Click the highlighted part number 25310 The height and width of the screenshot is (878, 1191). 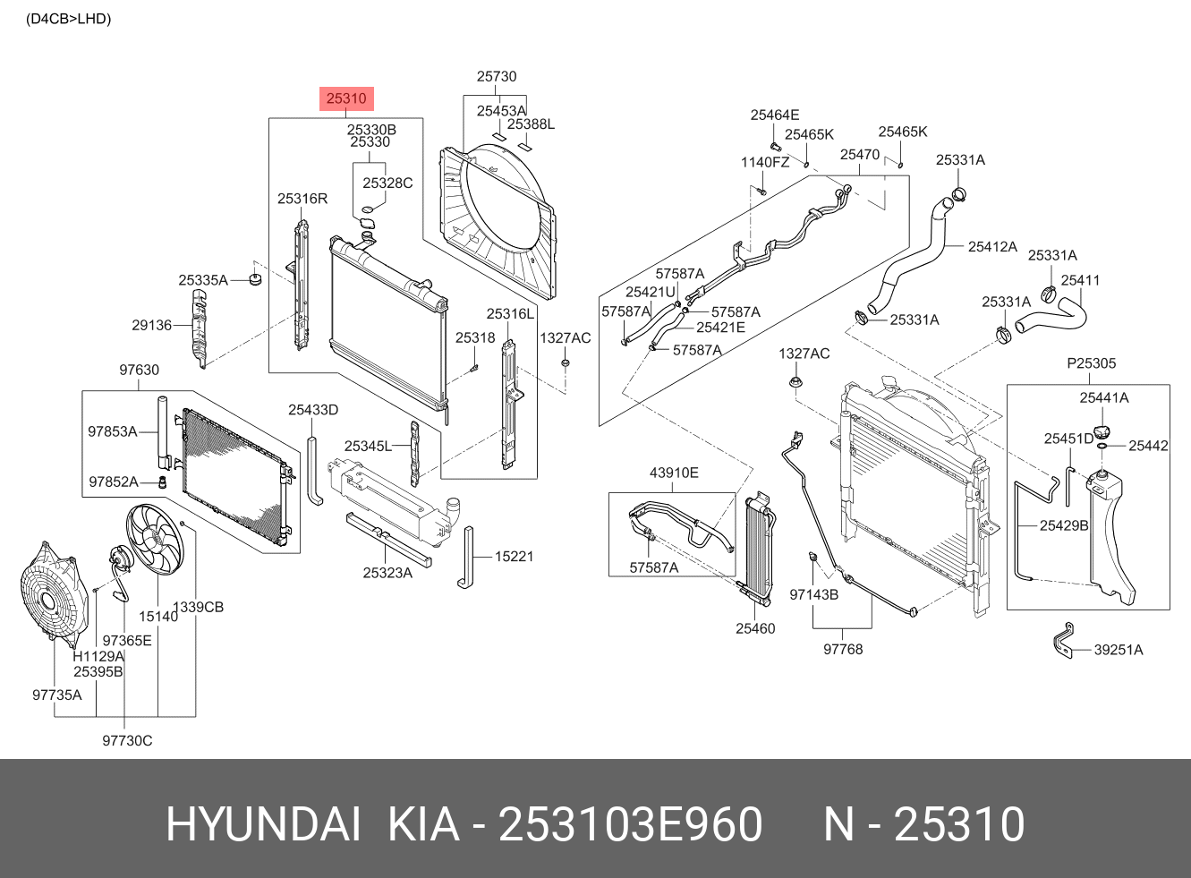point(346,98)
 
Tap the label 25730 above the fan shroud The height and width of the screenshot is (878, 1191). point(497,77)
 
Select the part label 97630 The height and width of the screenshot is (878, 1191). point(139,370)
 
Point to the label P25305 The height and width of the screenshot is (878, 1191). point(1091,363)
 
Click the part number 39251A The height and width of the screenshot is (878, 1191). point(1118,650)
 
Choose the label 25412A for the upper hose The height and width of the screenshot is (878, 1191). point(992,246)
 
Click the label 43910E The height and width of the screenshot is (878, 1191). point(674,473)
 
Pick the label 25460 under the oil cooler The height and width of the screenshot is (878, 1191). point(755,628)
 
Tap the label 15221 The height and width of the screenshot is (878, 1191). point(514,557)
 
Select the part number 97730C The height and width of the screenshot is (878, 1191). point(127,740)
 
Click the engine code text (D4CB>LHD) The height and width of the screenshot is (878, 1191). point(69,19)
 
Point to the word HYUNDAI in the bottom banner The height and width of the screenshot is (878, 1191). point(263,824)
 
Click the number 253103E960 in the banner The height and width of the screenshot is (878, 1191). point(630,824)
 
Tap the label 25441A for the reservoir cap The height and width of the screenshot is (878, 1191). point(1103,397)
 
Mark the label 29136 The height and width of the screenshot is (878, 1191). point(151,325)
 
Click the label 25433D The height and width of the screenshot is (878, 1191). point(313,410)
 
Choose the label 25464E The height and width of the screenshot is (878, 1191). point(775,115)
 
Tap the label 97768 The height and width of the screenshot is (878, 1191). point(843,649)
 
